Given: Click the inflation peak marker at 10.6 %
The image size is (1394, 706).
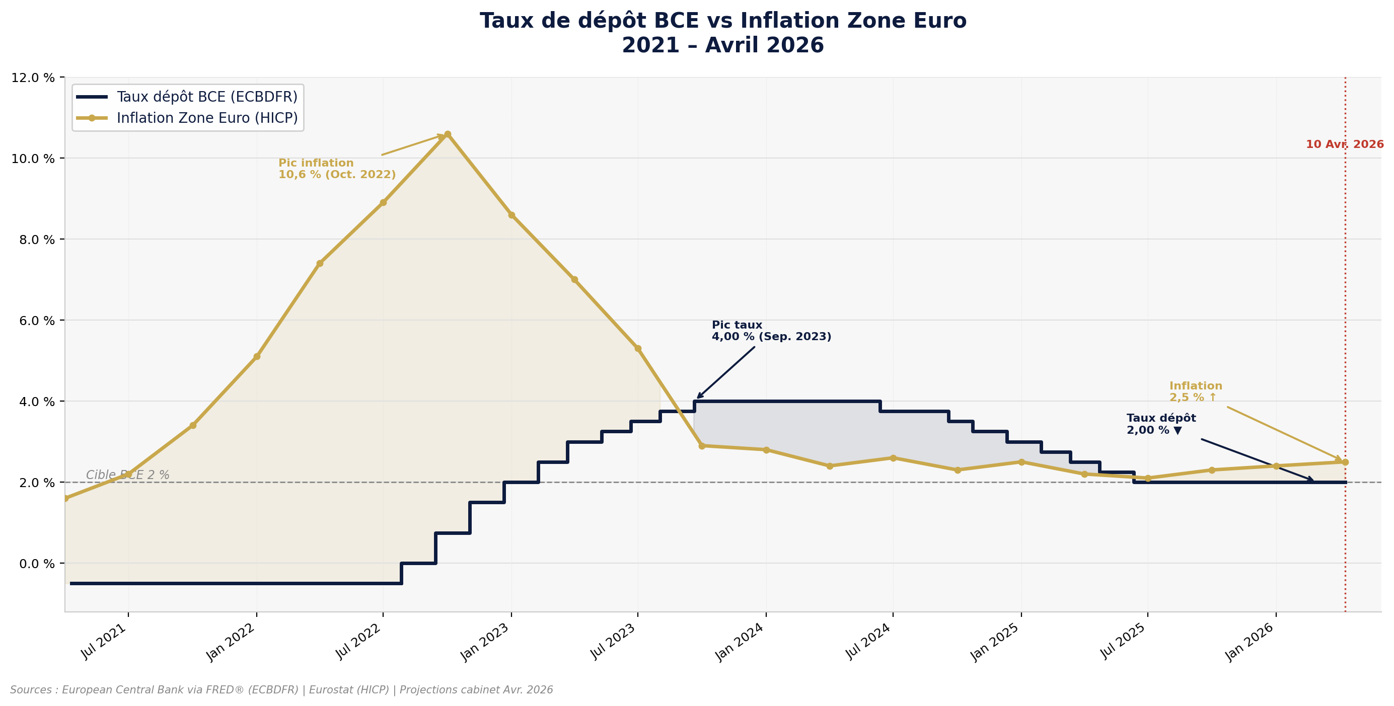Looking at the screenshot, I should [448, 134].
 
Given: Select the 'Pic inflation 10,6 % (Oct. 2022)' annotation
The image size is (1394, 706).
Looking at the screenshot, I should [337, 169].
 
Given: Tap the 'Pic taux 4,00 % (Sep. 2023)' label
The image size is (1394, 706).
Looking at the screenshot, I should [771, 331].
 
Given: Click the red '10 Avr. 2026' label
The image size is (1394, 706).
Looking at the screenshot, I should [1344, 144].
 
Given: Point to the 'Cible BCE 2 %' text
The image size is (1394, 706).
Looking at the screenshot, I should [128, 475].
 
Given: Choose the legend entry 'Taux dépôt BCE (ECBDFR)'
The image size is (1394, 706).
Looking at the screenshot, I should [207, 97].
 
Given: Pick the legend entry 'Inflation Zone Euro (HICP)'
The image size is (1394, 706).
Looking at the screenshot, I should [207, 118].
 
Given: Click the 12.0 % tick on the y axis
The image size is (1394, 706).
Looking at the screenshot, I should [33, 77].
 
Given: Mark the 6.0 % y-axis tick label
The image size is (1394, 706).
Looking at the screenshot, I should [33, 320].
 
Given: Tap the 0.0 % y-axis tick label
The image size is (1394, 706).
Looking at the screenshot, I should [33, 564].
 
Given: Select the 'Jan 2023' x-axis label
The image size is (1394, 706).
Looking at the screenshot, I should [485, 642].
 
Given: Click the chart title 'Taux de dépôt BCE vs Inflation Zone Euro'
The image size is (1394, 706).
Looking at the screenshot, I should [723, 21].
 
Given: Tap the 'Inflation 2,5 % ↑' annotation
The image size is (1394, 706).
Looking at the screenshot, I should [1196, 391].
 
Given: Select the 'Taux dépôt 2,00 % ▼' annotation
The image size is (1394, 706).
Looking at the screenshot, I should [1161, 424].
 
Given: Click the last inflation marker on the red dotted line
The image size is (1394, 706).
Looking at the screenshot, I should [1345, 462].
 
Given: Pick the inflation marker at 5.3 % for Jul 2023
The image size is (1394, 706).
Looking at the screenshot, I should [638, 348].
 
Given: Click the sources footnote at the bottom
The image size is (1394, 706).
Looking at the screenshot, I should [281, 690].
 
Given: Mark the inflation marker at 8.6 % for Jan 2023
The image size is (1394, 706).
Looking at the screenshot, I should [511, 215].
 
